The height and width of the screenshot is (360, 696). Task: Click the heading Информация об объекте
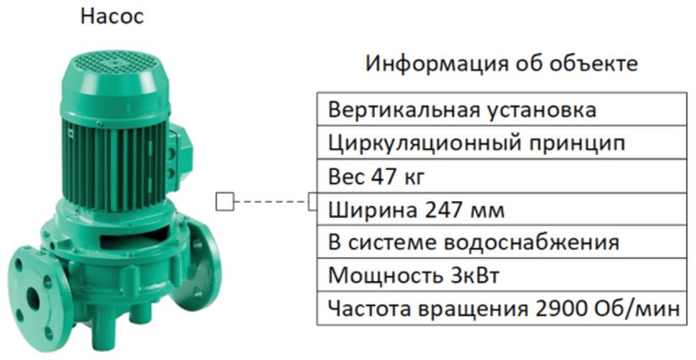501,64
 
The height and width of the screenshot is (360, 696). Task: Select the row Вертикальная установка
501,111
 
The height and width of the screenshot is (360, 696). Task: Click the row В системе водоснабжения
501,243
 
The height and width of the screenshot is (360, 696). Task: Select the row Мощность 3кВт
501,275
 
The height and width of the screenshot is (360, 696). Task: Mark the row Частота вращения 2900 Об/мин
501,308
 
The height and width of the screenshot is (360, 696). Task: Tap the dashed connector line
269,202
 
